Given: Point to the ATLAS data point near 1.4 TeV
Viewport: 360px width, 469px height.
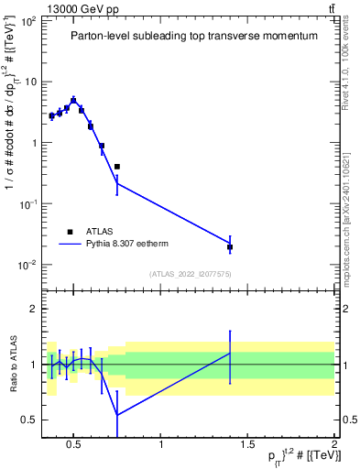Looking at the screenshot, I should [x=230, y=247].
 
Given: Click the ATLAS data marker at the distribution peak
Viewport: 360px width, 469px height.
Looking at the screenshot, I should [x=73, y=101].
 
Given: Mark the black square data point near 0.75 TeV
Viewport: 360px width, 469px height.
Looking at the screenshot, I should [x=117, y=167].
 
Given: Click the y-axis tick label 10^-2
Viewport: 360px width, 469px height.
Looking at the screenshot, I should [x=26, y=265].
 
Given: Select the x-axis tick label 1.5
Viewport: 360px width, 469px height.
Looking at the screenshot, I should [x=247, y=446].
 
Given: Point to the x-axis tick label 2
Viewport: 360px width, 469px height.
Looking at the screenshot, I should [x=334, y=446].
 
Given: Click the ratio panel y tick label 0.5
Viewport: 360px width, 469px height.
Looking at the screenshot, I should [x=29, y=420].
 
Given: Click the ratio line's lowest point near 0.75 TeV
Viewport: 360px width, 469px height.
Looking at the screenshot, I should [x=117, y=415].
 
